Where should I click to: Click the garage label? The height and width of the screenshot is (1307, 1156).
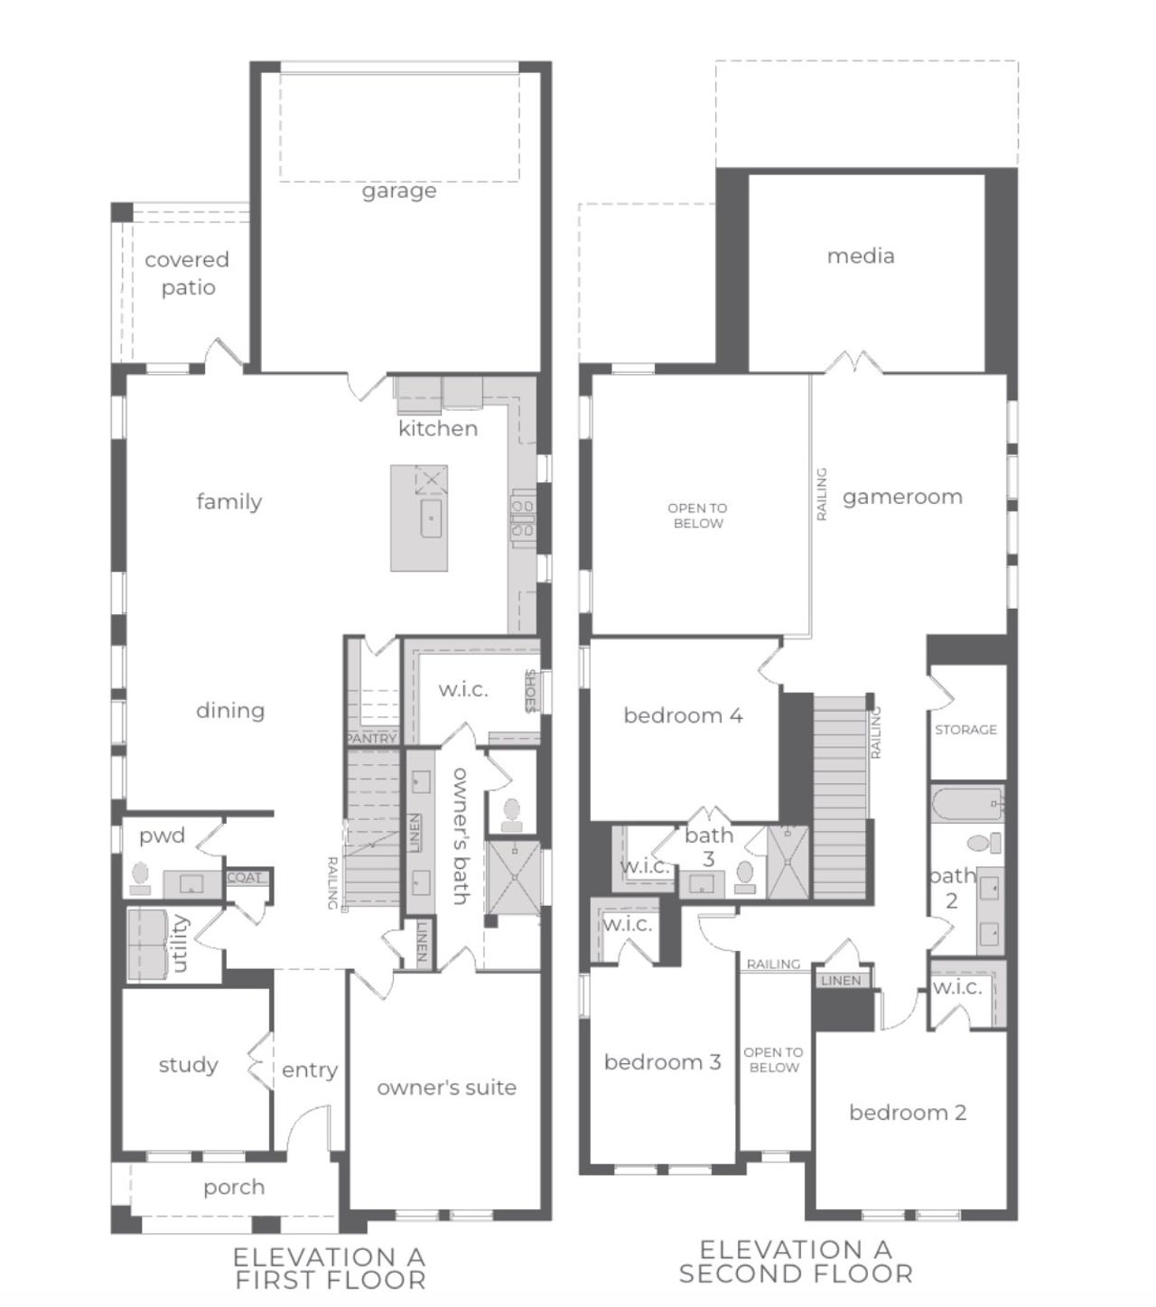click(x=399, y=191)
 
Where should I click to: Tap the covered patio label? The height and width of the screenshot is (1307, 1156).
click(x=187, y=273)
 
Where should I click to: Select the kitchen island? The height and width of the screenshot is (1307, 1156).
click(x=419, y=518)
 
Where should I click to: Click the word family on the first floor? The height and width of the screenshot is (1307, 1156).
click(x=229, y=501)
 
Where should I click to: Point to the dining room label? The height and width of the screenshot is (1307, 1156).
click(x=230, y=711)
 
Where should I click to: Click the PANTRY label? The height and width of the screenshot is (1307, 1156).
click(x=371, y=738)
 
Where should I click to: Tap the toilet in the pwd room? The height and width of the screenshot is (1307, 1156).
click(x=140, y=877)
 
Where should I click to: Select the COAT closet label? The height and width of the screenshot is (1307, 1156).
click(x=244, y=877)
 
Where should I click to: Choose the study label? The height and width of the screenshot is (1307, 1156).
click(x=188, y=1065)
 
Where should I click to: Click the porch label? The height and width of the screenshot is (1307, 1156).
click(x=234, y=1187)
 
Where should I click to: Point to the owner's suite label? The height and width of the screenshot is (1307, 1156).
click(x=446, y=1088)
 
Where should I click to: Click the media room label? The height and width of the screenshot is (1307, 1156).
click(x=861, y=256)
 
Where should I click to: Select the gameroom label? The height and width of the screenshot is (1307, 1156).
click(x=902, y=497)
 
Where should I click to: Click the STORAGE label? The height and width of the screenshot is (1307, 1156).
click(x=965, y=729)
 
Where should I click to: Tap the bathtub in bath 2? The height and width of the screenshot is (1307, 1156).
click(x=967, y=803)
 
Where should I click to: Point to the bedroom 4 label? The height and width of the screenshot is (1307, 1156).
click(x=683, y=715)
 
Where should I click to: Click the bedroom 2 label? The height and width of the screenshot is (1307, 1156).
click(x=907, y=1113)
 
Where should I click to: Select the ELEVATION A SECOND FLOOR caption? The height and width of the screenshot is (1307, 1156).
click(x=796, y=1262)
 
